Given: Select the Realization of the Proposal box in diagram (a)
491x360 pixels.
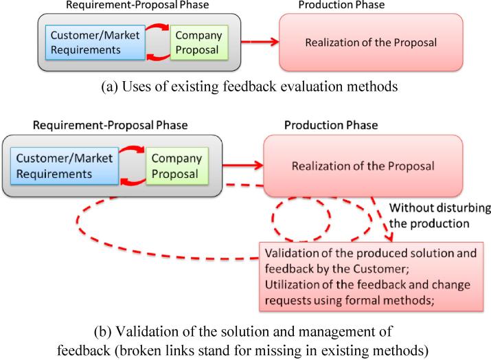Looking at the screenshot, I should coord(371,42).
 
